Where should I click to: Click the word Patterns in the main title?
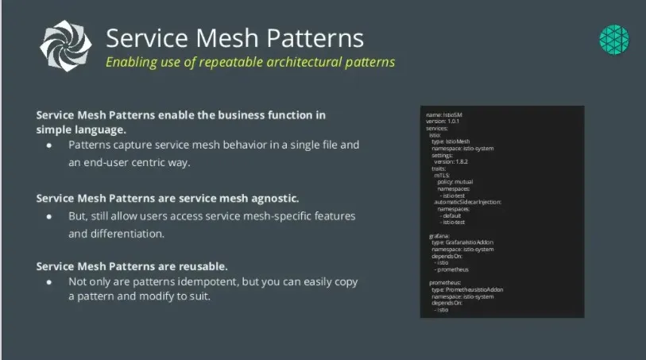pyautogui.click(x=313, y=38)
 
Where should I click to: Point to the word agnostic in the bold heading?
pyautogui.click(x=271, y=198)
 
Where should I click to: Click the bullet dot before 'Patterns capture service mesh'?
pyautogui.click(x=49, y=146)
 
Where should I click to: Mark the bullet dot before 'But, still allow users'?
pyautogui.click(x=49, y=217)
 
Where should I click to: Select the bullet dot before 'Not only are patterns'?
pyautogui.click(x=49, y=283)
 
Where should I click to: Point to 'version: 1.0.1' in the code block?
pyautogui.click(x=447, y=121)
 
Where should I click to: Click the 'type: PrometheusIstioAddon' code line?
pyautogui.click(x=467, y=290)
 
